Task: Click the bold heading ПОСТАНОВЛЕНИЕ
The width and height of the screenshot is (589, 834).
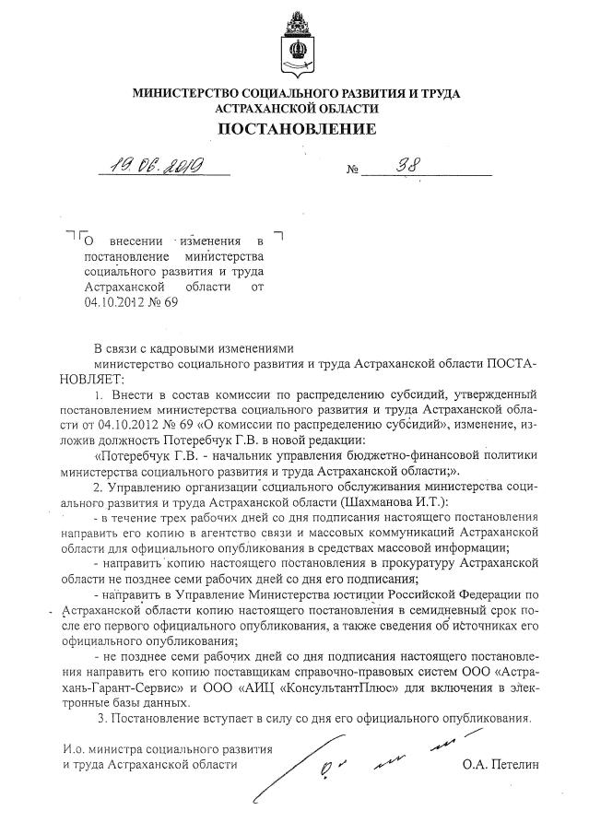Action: (x=296, y=128)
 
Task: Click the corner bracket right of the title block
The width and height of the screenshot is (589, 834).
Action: (x=278, y=237)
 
